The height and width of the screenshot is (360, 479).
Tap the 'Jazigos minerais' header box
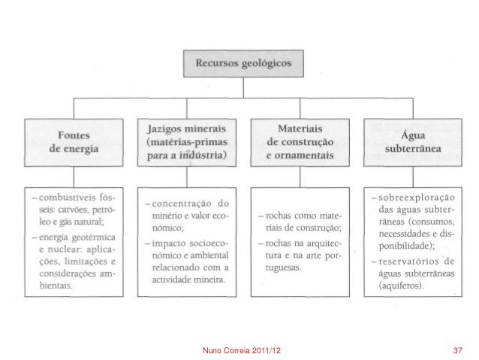click(185, 140)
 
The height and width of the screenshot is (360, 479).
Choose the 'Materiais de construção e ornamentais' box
click(297, 140)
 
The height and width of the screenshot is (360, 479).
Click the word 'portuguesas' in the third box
click(285, 268)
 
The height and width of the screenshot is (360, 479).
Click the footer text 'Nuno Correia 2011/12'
click(242, 350)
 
